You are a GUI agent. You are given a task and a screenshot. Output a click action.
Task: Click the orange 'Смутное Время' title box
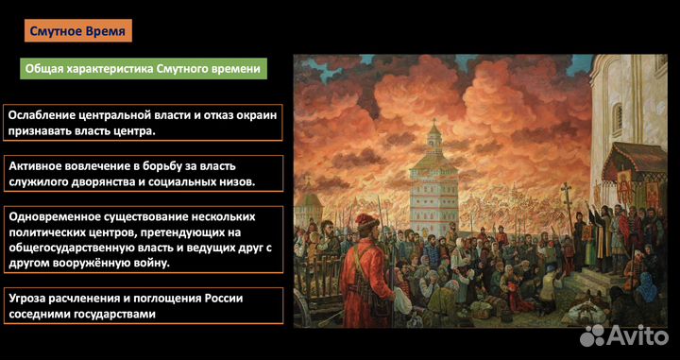tap(78, 30)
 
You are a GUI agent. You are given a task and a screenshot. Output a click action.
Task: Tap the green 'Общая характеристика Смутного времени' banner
tap(143, 69)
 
